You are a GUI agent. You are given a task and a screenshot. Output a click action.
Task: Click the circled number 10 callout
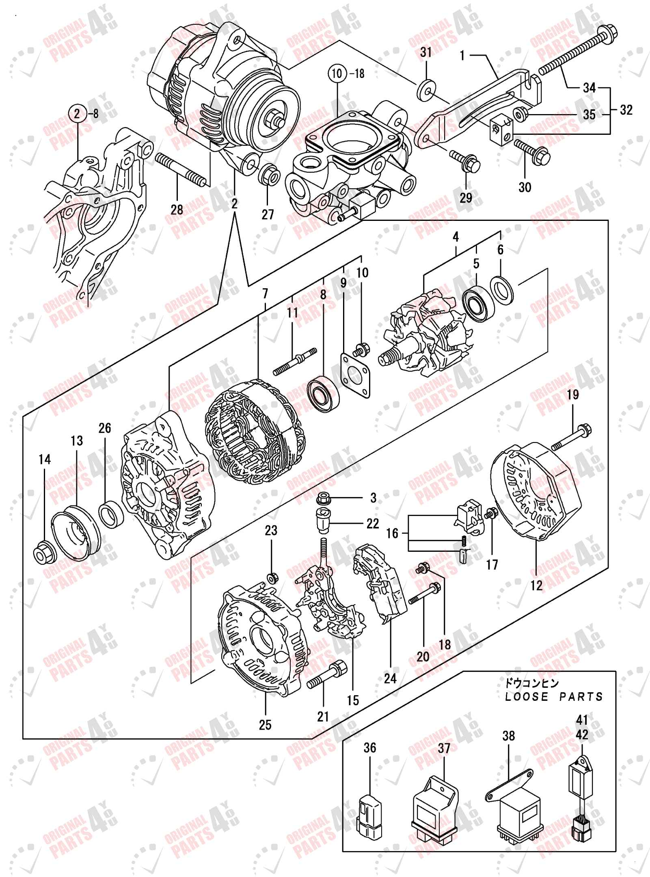coord(337,73)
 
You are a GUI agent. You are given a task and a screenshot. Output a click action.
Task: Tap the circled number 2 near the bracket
coord(77,113)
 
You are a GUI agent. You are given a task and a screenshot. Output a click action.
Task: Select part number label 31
coord(426,52)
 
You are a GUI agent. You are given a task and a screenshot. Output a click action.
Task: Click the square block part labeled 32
coord(501,129)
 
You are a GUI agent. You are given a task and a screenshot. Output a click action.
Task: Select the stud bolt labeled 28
coord(181,171)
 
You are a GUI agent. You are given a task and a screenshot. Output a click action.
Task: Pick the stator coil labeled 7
coord(255,432)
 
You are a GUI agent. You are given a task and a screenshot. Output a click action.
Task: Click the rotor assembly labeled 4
coord(426,333)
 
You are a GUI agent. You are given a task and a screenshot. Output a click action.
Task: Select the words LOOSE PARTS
coord(554,697)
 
